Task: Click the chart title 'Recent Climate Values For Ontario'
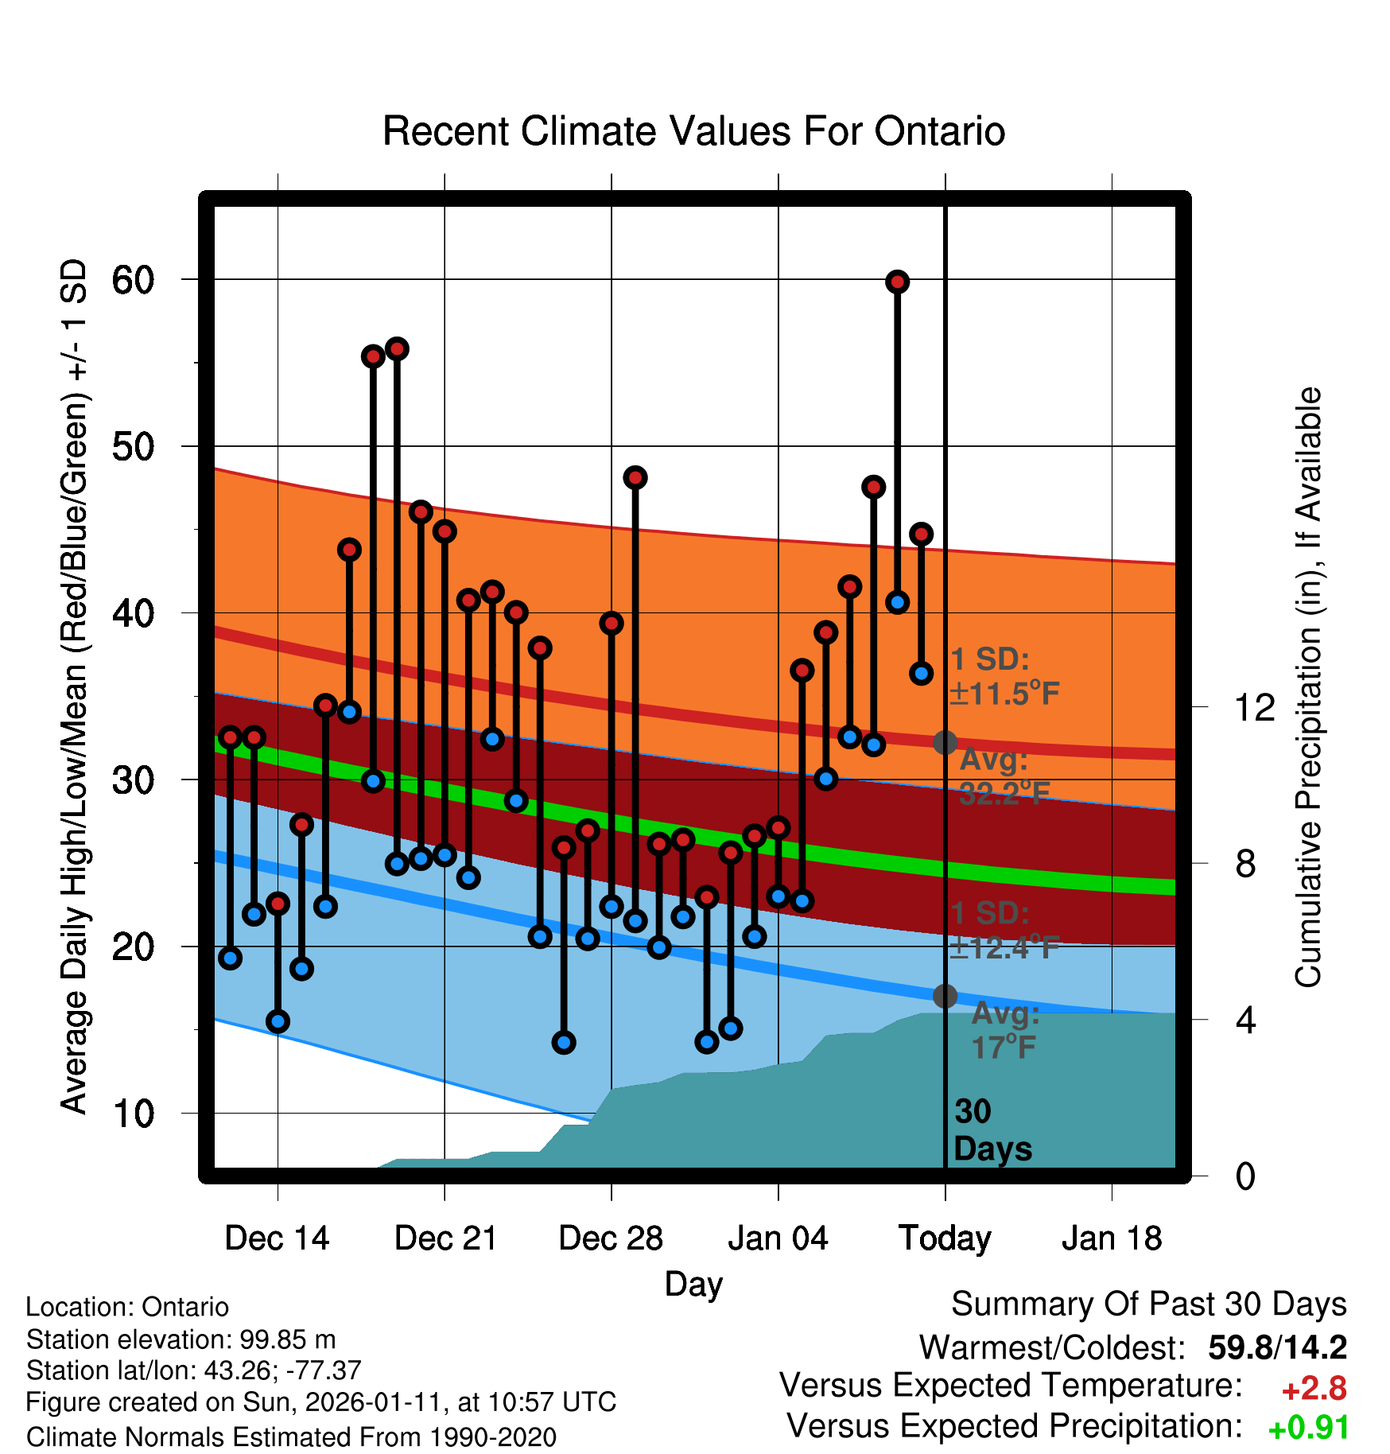693,131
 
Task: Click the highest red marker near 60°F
897,282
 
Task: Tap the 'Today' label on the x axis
945,1238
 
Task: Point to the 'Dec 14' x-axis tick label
277,1238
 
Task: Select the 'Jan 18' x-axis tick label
1112,1238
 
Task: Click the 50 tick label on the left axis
133,446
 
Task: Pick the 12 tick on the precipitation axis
1254,707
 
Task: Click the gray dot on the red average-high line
945,742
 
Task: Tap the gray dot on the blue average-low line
945,996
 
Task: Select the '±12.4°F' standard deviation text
1004,947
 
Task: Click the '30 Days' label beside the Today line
991,1130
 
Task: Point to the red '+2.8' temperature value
1314,1389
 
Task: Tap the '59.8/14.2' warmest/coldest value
1277,1347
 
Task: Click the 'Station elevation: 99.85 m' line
181,1339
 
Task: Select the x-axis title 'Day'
693,1284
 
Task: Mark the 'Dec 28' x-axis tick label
611,1238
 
